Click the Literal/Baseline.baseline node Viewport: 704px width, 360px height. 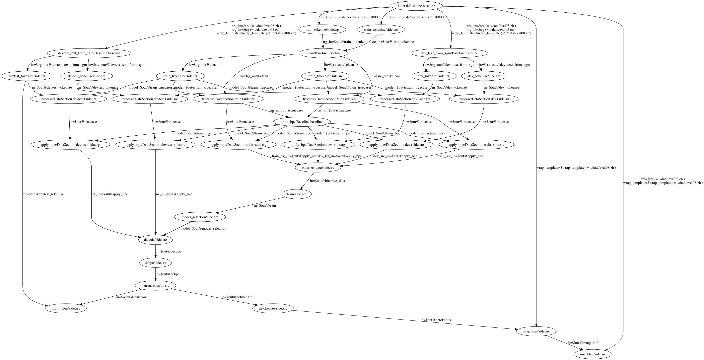[416, 6]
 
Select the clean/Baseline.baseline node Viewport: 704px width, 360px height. [323, 53]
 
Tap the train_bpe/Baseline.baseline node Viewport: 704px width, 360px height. [302, 122]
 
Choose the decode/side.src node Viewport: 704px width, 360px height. [156, 240]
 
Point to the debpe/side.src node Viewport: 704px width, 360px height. [156, 263]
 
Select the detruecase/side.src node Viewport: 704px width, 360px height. [156, 286]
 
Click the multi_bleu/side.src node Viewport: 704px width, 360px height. [66, 308]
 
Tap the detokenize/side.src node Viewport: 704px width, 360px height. [273, 308]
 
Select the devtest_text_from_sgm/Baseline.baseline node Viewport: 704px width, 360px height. [89, 53]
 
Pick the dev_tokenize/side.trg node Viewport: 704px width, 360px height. [433, 76]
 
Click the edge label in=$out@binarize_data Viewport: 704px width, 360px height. [327, 181]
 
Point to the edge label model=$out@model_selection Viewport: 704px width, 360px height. [203, 228]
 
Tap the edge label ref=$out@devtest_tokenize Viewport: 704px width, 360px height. [43, 194]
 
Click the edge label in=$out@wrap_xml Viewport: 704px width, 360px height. [583, 342]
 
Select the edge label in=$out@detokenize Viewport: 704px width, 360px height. [436, 320]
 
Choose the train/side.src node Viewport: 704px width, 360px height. [297, 194]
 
